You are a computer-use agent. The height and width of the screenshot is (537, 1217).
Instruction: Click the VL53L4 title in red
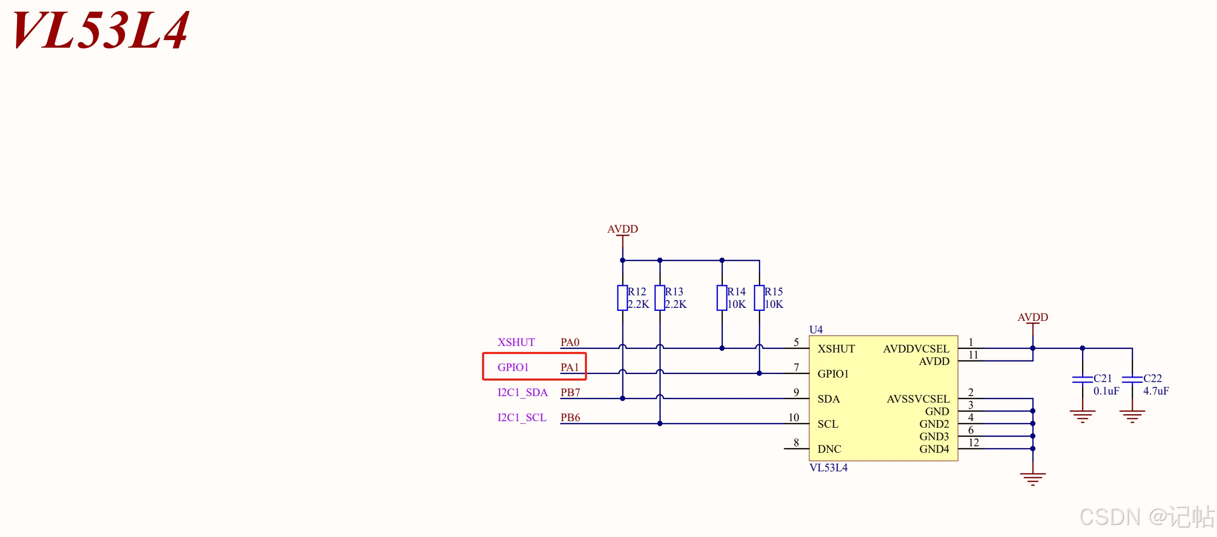click(100, 30)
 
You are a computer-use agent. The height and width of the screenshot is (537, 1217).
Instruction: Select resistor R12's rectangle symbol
click(623, 298)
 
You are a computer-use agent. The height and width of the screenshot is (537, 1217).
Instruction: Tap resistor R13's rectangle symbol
click(660, 298)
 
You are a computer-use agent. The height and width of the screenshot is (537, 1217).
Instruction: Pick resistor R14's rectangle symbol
click(722, 298)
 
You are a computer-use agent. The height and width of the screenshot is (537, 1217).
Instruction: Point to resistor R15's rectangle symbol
click(759, 298)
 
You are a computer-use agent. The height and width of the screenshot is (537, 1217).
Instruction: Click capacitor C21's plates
click(1083, 380)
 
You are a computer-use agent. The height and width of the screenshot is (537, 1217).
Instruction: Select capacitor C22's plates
click(1132, 380)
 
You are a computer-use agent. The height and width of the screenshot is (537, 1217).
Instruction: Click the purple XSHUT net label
click(516, 342)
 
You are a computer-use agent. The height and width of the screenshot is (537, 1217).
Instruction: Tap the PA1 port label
click(570, 368)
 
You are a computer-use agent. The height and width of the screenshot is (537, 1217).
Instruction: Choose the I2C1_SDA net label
click(523, 393)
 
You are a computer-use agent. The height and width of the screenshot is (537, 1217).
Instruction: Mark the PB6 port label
click(570, 418)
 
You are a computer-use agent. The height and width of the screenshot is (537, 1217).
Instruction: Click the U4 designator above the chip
click(816, 329)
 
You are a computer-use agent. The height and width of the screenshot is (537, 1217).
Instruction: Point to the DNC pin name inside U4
click(829, 449)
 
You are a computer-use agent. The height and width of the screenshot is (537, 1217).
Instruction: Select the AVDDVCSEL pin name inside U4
click(916, 349)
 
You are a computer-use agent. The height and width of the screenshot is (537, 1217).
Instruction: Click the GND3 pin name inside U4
click(934, 437)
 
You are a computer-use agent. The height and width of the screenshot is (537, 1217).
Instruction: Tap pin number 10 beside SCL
click(794, 418)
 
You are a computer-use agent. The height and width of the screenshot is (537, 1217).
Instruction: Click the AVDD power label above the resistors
click(623, 229)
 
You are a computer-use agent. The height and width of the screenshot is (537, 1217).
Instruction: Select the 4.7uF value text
click(1156, 391)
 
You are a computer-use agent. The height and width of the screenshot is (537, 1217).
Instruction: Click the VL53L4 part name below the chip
click(829, 468)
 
